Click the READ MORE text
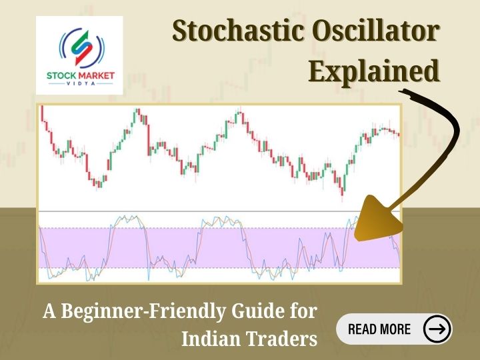379,329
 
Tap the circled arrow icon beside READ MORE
437,329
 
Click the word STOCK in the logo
61,75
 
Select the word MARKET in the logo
95,75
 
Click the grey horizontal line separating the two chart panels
200,211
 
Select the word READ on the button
363,329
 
